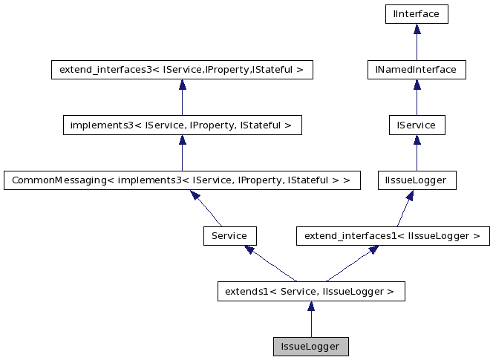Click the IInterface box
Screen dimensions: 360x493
click(x=417, y=14)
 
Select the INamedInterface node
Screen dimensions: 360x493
click(x=417, y=70)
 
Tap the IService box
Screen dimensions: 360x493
click(x=417, y=125)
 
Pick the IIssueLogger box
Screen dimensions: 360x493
click(x=417, y=180)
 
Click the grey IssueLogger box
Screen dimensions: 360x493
click(x=310, y=347)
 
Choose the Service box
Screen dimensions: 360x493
click(x=229, y=236)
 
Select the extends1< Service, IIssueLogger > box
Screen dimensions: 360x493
click(x=310, y=292)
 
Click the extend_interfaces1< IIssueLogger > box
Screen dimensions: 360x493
click(x=393, y=236)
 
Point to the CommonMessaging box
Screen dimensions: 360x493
click(x=182, y=180)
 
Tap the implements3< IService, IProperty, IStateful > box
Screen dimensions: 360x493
click(x=182, y=125)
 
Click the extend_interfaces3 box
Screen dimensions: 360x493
click(x=182, y=70)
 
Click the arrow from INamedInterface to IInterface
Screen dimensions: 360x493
click(x=417, y=42)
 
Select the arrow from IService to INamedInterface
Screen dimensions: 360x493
click(x=417, y=98)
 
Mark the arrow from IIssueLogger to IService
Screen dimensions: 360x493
click(x=417, y=154)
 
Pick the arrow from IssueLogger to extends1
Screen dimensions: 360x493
click(x=310, y=320)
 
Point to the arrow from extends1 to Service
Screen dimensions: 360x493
click(x=270, y=264)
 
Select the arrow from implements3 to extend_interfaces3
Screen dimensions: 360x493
click(x=182, y=98)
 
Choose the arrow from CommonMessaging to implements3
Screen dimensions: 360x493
click(x=182, y=154)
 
